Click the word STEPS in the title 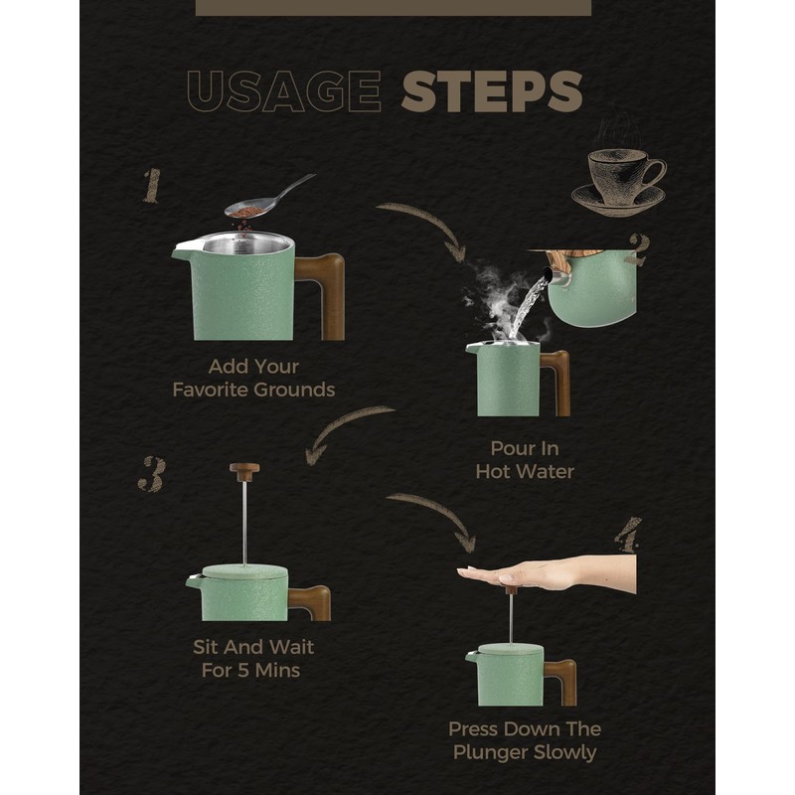coord(491,90)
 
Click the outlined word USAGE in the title coord(284,91)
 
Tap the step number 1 coord(152,186)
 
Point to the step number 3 coord(152,474)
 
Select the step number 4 coord(628,535)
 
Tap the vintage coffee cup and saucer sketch coord(619,181)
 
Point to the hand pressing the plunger coord(547,573)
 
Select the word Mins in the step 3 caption coord(278,670)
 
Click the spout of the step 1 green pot coord(184,249)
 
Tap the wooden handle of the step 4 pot coord(562,681)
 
